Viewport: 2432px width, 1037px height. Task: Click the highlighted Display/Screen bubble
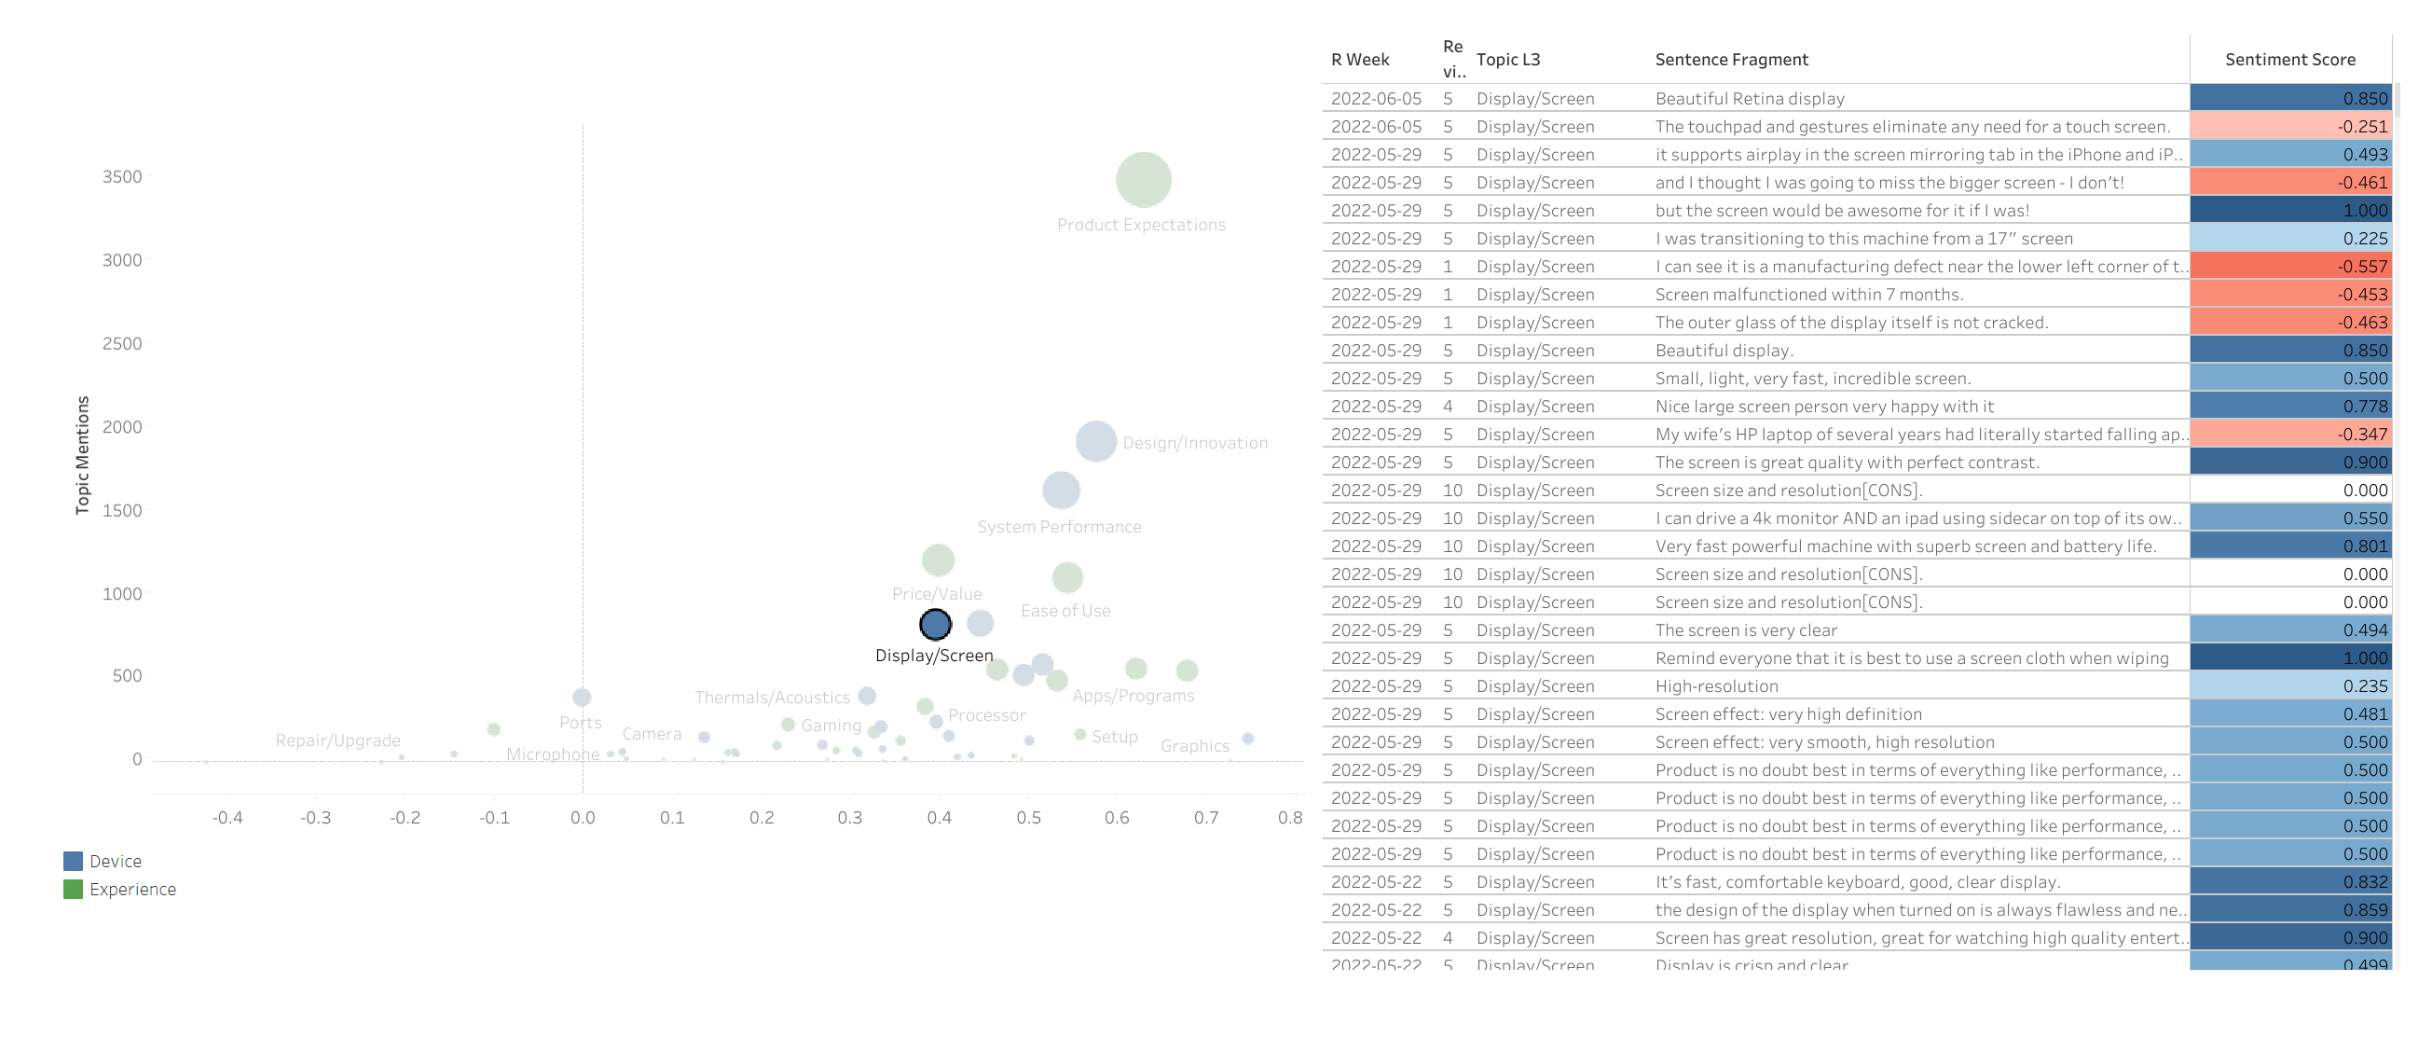click(935, 624)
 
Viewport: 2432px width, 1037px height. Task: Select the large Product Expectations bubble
click(1144, 179)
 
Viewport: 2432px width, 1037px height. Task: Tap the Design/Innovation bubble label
click(1194, 443)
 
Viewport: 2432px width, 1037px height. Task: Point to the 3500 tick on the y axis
click(123, 176)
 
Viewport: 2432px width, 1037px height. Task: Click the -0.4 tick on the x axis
click(227, 818)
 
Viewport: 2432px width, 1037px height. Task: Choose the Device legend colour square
click(73, 862)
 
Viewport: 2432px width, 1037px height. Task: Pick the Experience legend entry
click(132, 890)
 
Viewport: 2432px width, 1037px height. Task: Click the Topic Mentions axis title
click(83, 455)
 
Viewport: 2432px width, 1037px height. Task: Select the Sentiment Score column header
click(2289, 60)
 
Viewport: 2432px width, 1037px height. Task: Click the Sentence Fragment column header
click(1730, 60)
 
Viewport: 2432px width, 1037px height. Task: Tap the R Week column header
click(1359, 60)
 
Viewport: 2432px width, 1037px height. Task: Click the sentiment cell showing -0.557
click(2289, 267)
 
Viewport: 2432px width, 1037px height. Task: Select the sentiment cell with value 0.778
click(2289, 406)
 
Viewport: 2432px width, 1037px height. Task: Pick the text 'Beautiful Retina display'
click(1750, 98)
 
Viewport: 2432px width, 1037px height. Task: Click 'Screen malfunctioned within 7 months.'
click(1809, 295)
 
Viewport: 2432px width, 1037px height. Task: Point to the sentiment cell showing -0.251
click(2289, 127)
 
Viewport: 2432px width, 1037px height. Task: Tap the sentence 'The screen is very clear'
click(1746, 630)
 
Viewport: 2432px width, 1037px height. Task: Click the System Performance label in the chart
click(1058, 527)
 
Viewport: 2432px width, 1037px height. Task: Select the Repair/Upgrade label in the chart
click(338, 740)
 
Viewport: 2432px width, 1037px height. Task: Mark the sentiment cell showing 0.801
click(2289, 546)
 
